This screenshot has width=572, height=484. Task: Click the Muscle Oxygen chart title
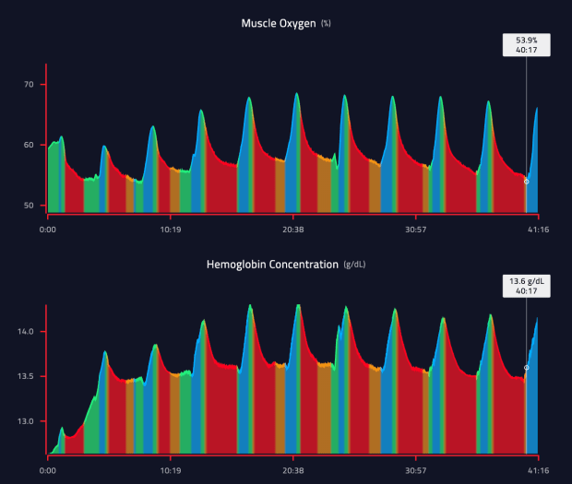click(x=278, y=22)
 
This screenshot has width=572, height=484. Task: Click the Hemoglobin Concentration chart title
click(x=272, y=265)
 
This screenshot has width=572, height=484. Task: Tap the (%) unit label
click(x=326, y=22)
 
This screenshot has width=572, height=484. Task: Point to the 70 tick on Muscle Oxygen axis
click(x=28, y=85)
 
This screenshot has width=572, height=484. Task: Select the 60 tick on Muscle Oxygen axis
click(x=28, y=145)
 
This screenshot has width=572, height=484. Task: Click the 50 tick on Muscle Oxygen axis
click(x=28, y=205)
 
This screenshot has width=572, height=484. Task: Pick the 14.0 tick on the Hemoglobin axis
click(x=26, y=332)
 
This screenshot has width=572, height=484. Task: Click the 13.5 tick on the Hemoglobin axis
click(x=26, y=376)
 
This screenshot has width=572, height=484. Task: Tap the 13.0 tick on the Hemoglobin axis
click(x=26, y=421)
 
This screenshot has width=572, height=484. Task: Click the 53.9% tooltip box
click(x=526, y=45)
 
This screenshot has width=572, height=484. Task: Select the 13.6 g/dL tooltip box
click(x=526, y=285)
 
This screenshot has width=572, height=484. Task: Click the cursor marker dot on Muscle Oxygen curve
click(x=527, y=182)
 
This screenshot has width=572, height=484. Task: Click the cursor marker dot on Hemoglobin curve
click(x=527, y=368)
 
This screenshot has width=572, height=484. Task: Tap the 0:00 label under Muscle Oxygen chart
click(x=48, y=228)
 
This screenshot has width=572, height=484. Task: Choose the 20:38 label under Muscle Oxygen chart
click(x=292, y=228)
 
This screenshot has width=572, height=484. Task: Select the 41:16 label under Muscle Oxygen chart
click(x=538, y=228)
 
